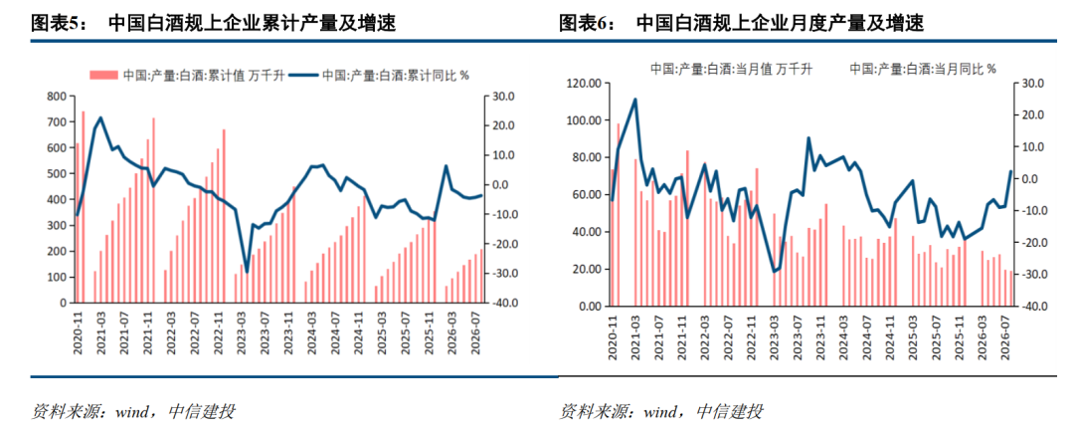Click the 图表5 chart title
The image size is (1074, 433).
pos(214,25)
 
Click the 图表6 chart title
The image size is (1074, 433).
pos(742,25)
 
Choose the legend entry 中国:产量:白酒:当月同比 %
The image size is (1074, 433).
pos(923,69)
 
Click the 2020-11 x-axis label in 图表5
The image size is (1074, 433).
pos(78,332)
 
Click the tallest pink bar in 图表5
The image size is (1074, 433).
pos(83,207)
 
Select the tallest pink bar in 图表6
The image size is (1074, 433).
pos(618,215)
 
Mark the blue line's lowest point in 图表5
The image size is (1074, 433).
pos(247,272)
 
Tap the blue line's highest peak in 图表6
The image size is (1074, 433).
pos(634,100)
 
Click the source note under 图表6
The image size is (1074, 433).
pos(661,412)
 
